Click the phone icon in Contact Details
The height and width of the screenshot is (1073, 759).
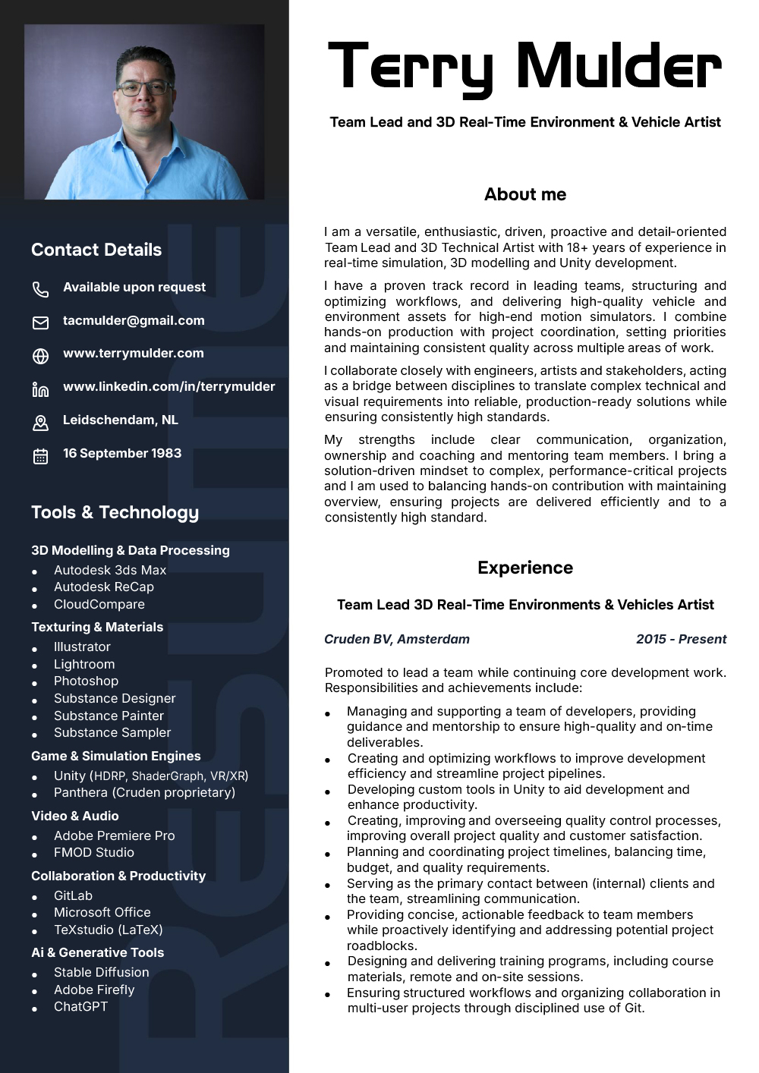pyautogui.click(x=40, y=289)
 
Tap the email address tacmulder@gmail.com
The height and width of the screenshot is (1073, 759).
pyautogui.click(x=134, y=320)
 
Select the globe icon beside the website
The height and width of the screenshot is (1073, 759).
pyautogui.click(x=40, y=356)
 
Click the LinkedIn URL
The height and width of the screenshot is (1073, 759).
pyautogui.click(x=168, y=386)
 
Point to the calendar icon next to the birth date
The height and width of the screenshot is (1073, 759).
pyautogui.click(x=40, y=456)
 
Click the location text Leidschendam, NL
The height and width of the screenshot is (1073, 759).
pyautogui.click(x=120, y=420)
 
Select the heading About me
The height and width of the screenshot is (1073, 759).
pyautogui.click(x=525, y=194)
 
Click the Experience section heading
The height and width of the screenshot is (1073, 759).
pyautogui.click(x=525, y=568)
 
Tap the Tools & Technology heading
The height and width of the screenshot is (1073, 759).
pyautogui.click(x=115, y=512)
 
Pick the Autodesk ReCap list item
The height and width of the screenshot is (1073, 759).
pyautogui.click(x=103, y=587)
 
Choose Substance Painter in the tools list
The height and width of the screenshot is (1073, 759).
pyautogui.click(x=109, y=716)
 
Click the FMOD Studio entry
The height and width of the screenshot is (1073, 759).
pyautogui.click(x=93, y=852)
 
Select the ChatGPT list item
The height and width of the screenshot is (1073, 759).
pyautogui.click(x=80, y=1006)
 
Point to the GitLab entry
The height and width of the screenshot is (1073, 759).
pyautogui.click(x=73, y=895)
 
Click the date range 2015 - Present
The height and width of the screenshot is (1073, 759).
pyautogui.click(x=681, y=639)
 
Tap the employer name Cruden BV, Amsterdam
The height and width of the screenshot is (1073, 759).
pyautogui.click(x=396, y=639)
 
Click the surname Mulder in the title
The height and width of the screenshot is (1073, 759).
pyautogui.click(x=619, y=66)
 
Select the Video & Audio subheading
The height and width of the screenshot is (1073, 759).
pyautogui.click(x=74, y=816)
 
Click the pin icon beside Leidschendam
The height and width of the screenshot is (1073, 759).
pyautogui.click(x=40, y=423)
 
